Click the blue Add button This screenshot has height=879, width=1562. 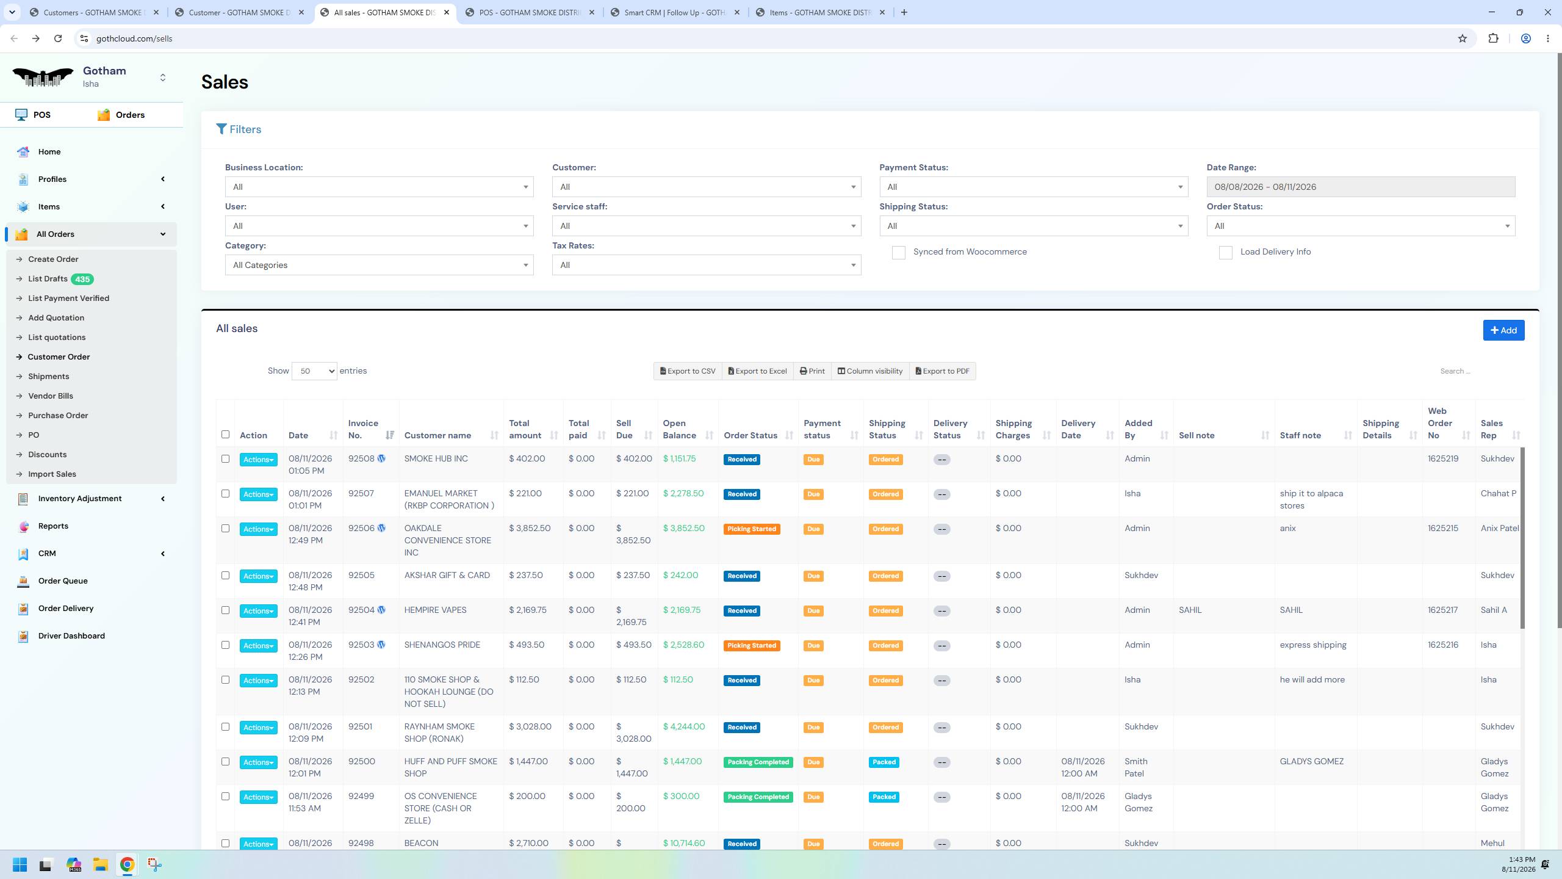[1503, 330]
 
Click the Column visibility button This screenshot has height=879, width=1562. [869, 371]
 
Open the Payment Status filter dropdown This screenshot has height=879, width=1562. [1034, 187]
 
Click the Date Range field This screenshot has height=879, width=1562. [1361, 187]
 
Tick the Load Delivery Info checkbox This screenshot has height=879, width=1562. [1225, 253]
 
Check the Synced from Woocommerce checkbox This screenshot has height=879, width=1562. [898, 253]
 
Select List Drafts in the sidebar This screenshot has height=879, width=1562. [48, 279]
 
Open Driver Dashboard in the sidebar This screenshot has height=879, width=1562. [71, 636]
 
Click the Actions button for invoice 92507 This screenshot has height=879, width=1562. [258, 494]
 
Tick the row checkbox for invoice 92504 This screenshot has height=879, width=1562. [225, 610]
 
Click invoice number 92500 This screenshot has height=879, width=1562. [362, 762]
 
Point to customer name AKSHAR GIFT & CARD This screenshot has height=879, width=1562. [447, 576]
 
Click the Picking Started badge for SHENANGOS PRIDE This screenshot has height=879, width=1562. [751, 646]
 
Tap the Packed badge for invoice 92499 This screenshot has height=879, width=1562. [884, 797]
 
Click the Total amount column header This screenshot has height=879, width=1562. [525, 429]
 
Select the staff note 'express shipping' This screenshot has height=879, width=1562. [1313, 645]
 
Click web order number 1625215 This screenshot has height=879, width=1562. [1443, 529]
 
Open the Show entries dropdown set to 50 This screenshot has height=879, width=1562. [314, 371]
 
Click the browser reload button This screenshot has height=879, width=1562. [58, 38]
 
